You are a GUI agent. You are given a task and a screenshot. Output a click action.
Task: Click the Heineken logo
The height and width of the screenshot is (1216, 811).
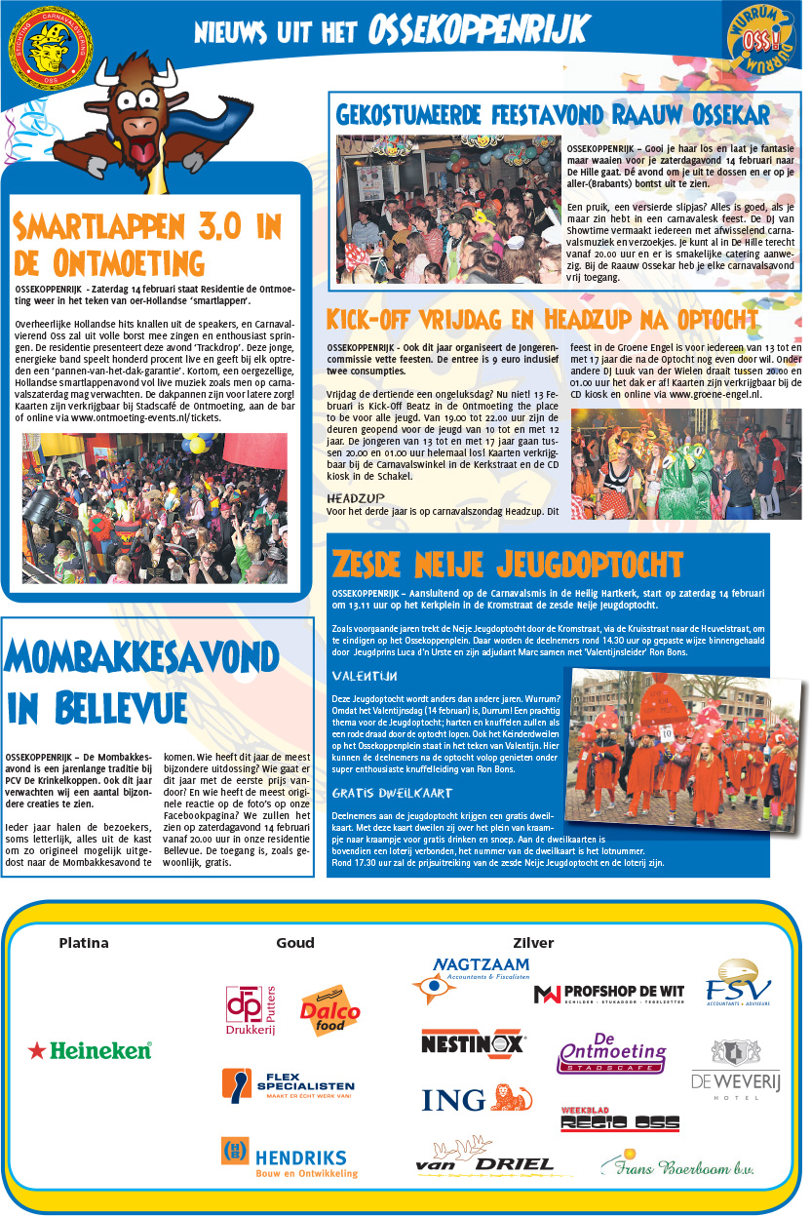click(91, 1050)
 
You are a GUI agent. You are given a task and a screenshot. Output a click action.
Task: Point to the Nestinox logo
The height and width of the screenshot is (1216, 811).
click(473, 1042)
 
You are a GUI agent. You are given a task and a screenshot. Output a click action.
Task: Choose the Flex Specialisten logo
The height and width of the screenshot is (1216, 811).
click(288, 1085)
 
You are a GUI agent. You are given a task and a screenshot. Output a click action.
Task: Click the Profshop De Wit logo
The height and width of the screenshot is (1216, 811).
click(609, 994)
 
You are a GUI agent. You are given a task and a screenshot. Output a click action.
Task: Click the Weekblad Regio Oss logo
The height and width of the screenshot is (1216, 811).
click(619, 1120)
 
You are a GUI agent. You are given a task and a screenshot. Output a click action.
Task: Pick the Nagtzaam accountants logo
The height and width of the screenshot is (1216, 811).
click(471, 978)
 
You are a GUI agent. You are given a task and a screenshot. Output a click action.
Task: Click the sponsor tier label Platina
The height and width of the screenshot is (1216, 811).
click(84, 943)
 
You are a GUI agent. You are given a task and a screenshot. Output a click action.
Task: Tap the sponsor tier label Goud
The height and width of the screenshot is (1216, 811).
click(295, 943)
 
